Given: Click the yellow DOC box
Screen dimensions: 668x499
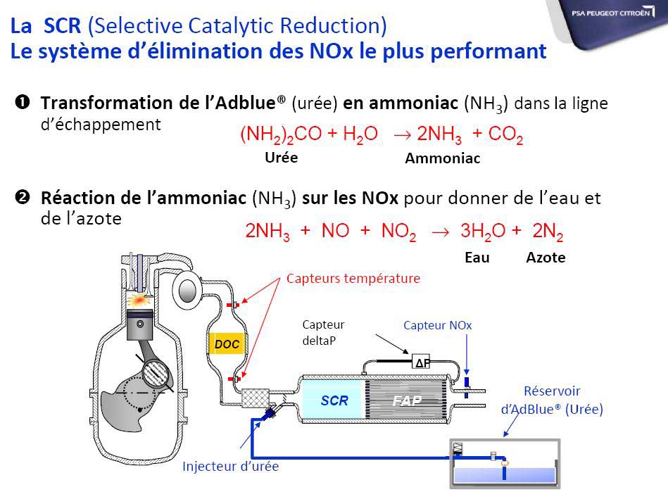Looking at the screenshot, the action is point(227,343).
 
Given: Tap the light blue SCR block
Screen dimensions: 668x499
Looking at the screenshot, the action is point(334,400).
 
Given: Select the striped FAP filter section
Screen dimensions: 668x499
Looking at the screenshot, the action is point(406,400).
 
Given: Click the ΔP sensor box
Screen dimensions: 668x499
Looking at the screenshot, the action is point(421,362).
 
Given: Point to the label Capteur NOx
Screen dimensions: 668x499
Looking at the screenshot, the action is point(438,325).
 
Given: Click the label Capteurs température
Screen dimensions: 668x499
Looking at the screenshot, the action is point(353,278).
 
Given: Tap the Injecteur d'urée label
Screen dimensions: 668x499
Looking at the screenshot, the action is point(230,466).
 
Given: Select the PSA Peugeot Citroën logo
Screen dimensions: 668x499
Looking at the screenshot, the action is point(612,13).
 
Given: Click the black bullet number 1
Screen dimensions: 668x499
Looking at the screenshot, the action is point(22,102).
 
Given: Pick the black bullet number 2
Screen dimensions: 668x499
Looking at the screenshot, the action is point(22,197).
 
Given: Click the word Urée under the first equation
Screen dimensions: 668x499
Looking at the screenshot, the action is point(281,157).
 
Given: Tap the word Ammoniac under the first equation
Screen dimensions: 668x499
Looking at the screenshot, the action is point(442,158).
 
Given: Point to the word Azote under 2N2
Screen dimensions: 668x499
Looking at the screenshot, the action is point(546,258).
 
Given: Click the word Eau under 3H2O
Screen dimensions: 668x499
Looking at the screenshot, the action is point(477,258).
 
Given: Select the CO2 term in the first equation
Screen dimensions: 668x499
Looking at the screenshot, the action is point(505,134).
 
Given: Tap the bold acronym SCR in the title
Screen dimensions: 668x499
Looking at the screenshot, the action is point(62,25).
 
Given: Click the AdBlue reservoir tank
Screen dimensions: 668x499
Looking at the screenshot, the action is point(505,463).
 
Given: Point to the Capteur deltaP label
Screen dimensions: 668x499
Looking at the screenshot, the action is point(323,332).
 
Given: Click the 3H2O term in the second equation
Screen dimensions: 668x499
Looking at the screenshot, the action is point(483,232).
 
